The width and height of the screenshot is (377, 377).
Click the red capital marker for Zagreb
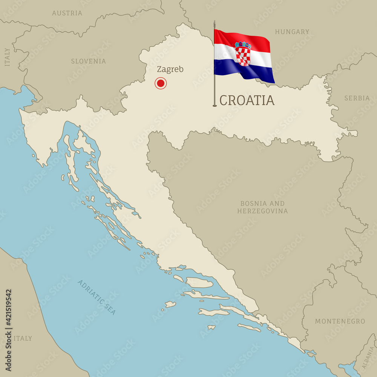[161, 83]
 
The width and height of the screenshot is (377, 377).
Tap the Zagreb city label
[170, 69]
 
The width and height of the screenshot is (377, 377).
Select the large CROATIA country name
[247, 101]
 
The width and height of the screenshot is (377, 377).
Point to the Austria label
[67, 13]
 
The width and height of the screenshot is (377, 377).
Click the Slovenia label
[89, 61]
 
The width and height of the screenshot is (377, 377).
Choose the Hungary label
[292, 32]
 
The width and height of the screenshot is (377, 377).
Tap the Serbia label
[357, 98]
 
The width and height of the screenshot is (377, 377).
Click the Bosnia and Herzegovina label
[262, 207]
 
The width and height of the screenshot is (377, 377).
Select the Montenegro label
[340, 321]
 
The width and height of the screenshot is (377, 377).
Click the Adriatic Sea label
[97, 297]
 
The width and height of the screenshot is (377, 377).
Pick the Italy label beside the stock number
[23, 339]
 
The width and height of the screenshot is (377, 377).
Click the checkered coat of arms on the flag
[243, 54]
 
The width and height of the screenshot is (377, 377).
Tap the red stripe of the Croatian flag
[241, 38]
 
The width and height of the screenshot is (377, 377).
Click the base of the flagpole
[215, 106]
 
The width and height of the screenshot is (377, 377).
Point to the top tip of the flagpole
[215, 21]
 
